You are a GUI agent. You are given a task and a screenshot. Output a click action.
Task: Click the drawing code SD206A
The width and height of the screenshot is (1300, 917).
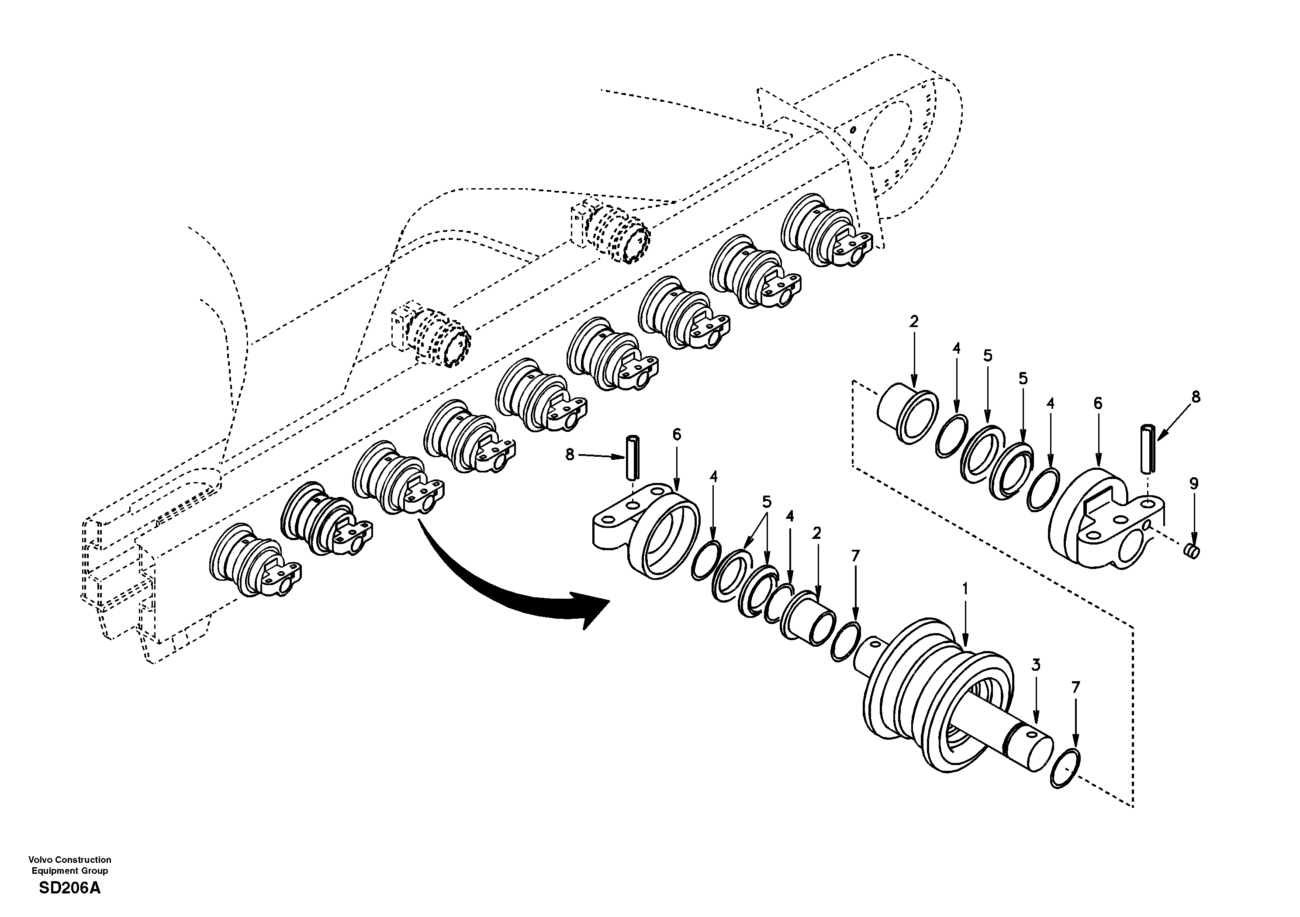coord(69,888)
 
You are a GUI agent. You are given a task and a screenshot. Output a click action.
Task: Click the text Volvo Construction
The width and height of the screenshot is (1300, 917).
coord(69,860)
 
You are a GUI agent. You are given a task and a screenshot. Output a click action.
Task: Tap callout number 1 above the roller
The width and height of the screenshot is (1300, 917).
coord(965,589)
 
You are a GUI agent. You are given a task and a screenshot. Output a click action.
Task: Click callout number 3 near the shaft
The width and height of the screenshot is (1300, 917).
coord(1036,665)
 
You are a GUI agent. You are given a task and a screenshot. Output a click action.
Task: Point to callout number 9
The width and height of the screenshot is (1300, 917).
coord(1193,484)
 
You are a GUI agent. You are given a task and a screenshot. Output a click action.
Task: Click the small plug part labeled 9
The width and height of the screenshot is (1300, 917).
coord(1193,551)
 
